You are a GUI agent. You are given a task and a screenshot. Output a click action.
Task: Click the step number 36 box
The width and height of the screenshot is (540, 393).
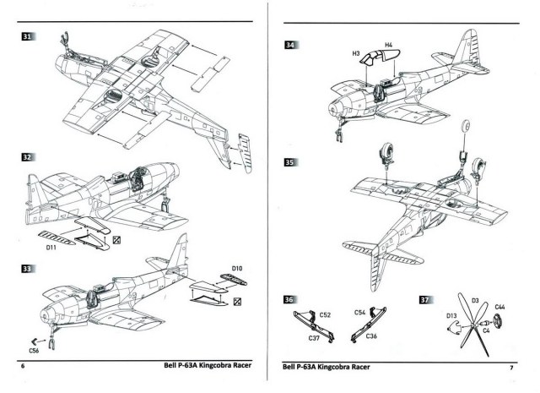click(289, 299)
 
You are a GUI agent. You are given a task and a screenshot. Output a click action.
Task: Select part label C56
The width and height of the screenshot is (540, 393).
click(35, 350)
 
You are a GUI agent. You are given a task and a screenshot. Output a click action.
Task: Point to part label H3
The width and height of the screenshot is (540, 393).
click(358, 53)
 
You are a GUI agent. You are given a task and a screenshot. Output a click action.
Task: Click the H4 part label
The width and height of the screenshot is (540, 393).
click(387, 45)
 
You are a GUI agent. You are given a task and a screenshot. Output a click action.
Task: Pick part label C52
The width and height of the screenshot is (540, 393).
click(325, 314)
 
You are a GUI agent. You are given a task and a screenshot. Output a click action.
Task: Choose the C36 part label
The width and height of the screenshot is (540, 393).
click(371, 336)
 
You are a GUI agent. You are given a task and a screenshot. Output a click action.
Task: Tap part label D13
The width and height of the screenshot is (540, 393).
click(451, 316)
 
